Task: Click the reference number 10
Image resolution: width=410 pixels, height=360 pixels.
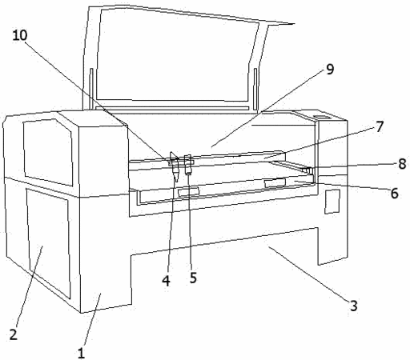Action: click(x=20, y=35)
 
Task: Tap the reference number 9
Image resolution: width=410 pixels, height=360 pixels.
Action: click(x=330, y=69)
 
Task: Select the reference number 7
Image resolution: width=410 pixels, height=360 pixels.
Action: click(x=380, y=126)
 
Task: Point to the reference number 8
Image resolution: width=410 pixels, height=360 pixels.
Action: click(x=402, y=163)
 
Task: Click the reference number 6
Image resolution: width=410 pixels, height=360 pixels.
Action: click(x=395, y=193)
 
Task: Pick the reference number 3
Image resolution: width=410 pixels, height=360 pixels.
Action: click(x=354, y=306)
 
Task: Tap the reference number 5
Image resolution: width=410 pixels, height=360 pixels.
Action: click(x=193, y=278)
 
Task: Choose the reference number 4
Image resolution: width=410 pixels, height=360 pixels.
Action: click(x=166, y=281)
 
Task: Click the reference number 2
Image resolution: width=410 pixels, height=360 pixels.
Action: click(x=14, y=334)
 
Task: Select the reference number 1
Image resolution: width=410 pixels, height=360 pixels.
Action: click(x=81, y=353)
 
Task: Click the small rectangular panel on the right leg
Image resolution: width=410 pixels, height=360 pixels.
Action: click(x=332, y=202)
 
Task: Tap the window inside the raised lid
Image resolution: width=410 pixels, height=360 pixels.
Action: click(x=178, y=55)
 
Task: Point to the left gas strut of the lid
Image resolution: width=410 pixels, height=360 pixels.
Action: click(x=91, y=89)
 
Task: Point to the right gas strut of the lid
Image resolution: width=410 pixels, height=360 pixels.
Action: click(x=255, y=89)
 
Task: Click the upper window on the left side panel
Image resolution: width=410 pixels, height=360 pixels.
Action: click(x=48, y=152)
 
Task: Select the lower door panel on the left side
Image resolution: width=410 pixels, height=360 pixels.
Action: click(x=48, y=243)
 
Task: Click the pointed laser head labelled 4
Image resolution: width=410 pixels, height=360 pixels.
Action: click(x=175, y=167)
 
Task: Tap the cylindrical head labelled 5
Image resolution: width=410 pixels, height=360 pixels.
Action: click(x=188, y=164)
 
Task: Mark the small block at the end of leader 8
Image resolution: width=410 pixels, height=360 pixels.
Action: click(x=307, y=170)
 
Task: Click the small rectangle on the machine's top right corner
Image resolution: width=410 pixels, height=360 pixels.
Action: click(x=322, y=117)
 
